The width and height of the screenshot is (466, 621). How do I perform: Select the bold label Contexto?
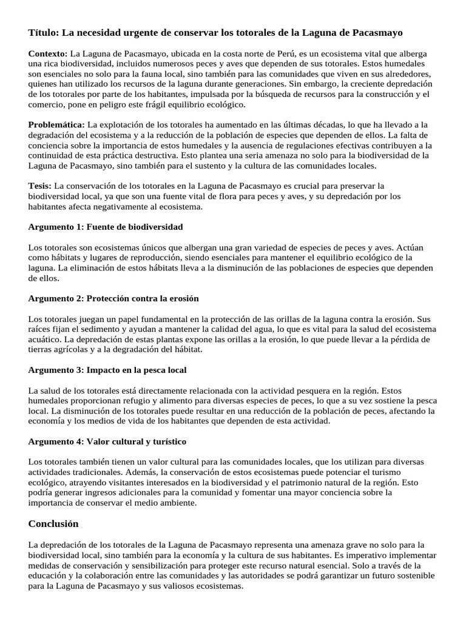tap(49, 53)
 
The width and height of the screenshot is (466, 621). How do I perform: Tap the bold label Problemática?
tap(57, 124)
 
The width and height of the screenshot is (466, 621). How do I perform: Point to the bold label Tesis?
tap(41, 185)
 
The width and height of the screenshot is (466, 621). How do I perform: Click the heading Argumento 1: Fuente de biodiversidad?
tap(106, 227)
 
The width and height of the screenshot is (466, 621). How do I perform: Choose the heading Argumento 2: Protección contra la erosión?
tap(113, 298)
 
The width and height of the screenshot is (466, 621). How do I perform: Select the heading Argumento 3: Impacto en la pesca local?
tap(107, 369)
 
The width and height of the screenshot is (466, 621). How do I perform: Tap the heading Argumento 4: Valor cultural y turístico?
tap(107, 441)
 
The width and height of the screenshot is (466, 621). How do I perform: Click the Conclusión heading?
tap(53, 523)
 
